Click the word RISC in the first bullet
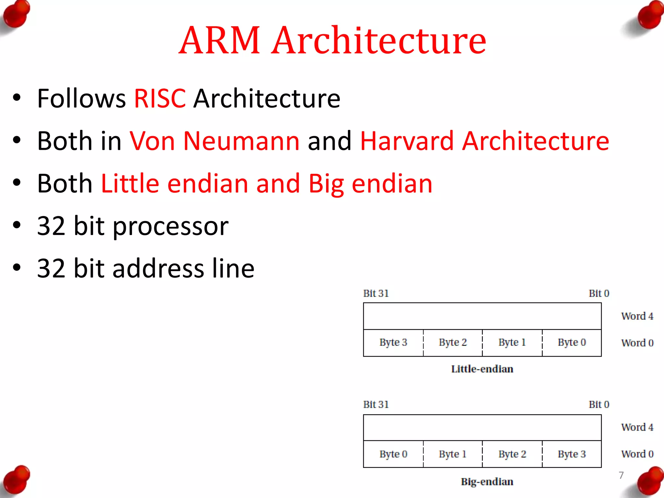160,99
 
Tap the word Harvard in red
406,141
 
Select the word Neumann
241,141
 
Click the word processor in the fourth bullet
171,226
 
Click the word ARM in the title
219,41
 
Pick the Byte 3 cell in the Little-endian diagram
393,343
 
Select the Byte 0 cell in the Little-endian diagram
572,343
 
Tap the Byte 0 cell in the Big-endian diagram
393,454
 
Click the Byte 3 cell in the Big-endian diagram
572,454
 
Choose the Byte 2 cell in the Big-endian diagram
512,454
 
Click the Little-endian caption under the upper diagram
482,369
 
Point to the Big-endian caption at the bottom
487,482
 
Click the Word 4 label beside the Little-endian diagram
637,316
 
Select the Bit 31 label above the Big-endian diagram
376,405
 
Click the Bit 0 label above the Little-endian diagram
599,293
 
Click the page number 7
621,475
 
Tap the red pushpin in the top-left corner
16,15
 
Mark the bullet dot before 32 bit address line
17,268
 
